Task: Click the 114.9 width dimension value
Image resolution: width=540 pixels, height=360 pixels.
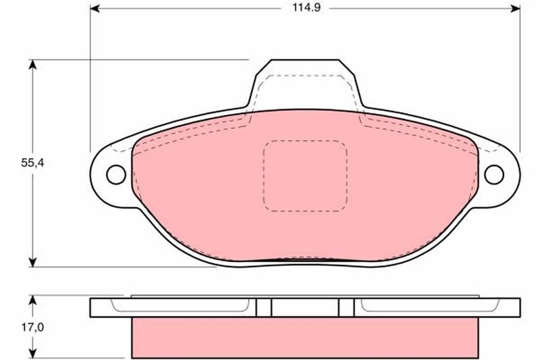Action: click(x=306, y=7)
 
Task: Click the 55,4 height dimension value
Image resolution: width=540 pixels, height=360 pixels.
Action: click(x=32, y=163)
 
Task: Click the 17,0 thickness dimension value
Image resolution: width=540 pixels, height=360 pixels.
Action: click(x=32, y=328)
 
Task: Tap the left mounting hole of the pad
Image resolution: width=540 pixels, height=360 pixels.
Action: click(x=116, y=175)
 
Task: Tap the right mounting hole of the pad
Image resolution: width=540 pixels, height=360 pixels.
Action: click(x=494, y=175)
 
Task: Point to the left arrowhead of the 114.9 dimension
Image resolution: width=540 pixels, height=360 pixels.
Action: click(x=94, y=9)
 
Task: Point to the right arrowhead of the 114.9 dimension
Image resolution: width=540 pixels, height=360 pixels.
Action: click(x=515, y=9)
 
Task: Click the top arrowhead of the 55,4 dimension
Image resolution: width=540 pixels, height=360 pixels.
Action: click(x=32, y=64)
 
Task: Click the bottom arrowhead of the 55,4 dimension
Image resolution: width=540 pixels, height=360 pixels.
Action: click(x=32, y=262)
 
